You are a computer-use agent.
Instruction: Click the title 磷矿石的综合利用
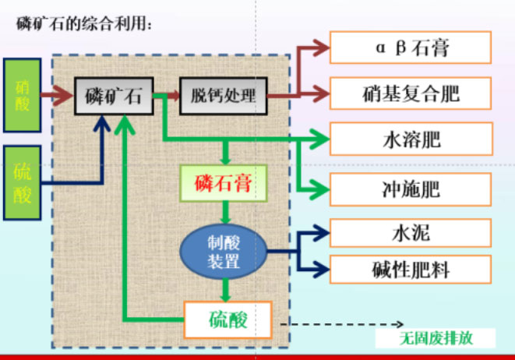tap(85, 24)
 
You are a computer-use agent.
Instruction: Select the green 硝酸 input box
tap(23, 94)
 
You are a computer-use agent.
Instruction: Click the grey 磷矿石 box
tap(113, 97)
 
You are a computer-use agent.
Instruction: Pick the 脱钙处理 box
tap(223, 97)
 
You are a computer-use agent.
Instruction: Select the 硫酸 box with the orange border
tap(228, 319)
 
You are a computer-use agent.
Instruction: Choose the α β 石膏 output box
tap(411, 48)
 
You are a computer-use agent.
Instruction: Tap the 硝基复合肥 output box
tap(411, 94)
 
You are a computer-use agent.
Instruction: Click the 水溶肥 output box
tap(411, 139)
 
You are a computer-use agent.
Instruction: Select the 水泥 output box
tap(411, 232)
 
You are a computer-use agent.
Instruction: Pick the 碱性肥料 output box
tap(411, 270)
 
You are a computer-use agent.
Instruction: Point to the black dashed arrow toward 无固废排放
tap(343, 323)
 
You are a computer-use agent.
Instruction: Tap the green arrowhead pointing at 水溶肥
tap(319, 140)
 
